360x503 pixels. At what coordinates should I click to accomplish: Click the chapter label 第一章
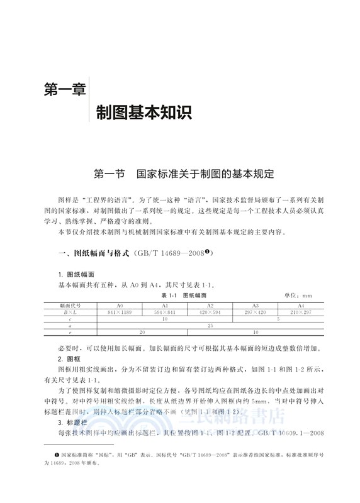[64, 90]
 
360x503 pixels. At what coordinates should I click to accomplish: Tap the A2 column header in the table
[210, 305]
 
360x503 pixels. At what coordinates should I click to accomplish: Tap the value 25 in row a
[210, 325]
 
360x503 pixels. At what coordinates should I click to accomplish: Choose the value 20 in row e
[142, 332]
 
